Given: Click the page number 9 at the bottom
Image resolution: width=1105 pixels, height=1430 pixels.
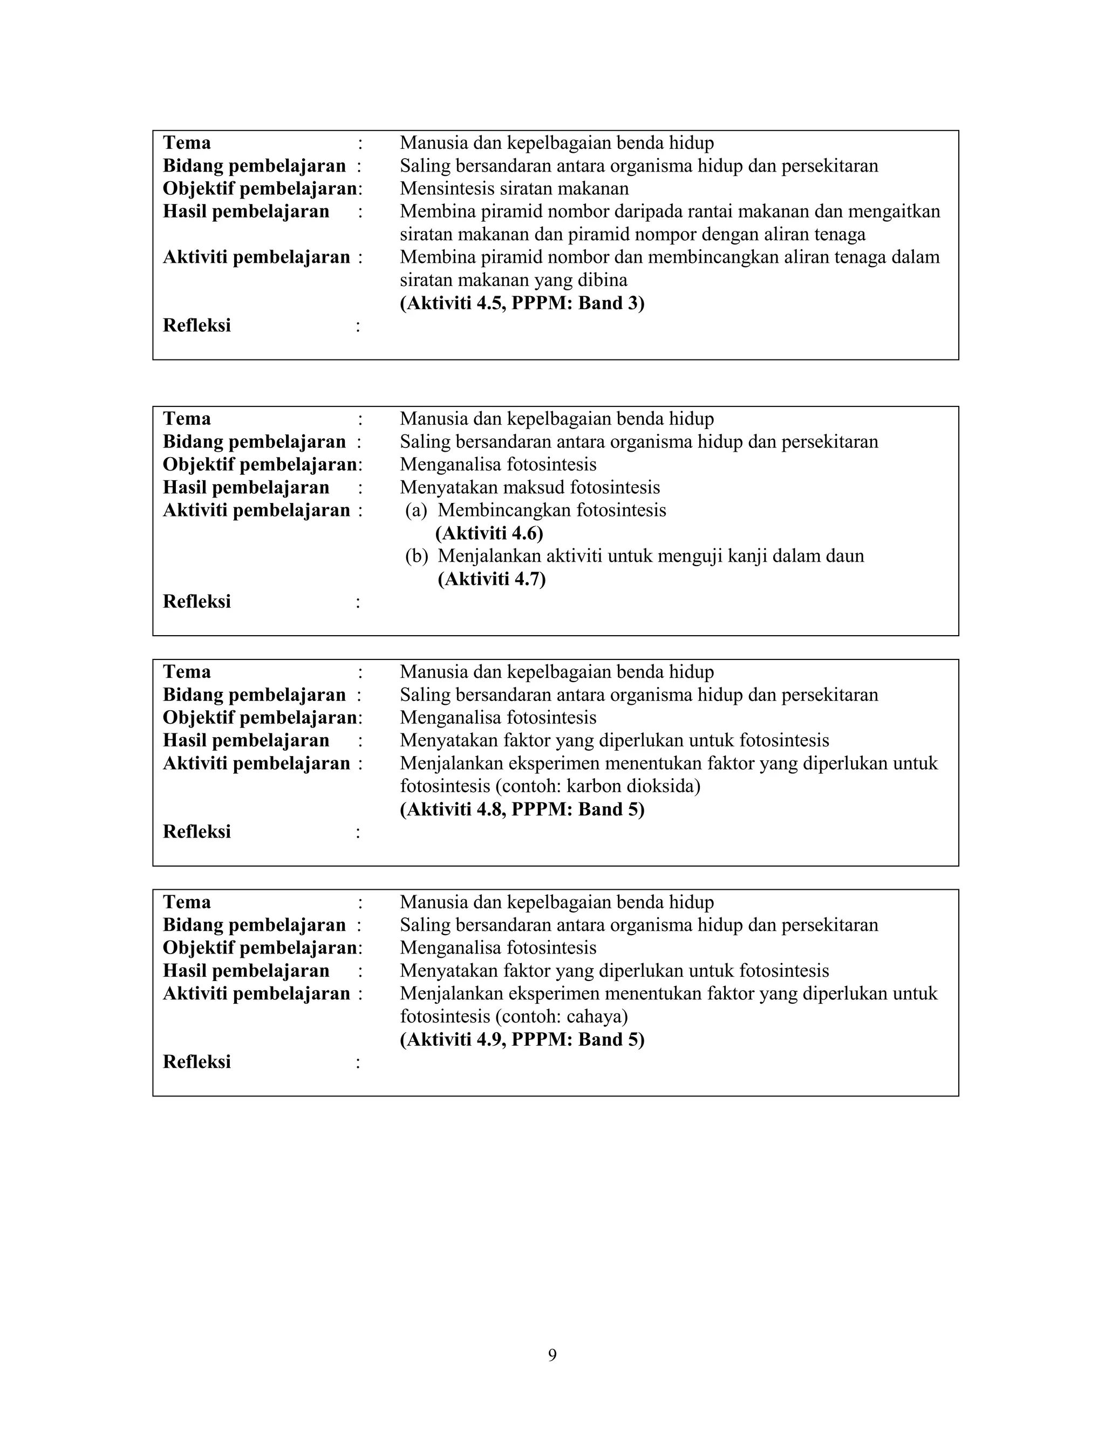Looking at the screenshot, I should [552, 1354].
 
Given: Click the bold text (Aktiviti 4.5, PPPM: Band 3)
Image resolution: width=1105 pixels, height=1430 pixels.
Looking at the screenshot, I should [522, 303].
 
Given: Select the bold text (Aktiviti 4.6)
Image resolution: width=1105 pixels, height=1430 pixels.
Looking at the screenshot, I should [489, 534].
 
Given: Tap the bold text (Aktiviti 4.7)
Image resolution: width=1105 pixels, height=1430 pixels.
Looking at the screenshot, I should [491, 580].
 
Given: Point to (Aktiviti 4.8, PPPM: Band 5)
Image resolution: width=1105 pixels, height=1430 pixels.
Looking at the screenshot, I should [522, 810].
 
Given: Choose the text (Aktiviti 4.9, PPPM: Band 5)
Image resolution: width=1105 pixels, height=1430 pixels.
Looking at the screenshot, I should [522, 1040].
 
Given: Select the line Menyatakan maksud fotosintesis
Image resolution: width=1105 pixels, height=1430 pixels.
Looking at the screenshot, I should [530, 488].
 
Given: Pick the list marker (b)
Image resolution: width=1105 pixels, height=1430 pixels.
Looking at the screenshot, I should [417, 556].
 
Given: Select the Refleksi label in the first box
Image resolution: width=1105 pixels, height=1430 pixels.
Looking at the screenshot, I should [196, 326].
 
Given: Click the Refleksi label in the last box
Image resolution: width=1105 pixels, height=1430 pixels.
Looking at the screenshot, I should [196, 1062].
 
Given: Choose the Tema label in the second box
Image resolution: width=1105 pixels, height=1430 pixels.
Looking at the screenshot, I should [187, 419].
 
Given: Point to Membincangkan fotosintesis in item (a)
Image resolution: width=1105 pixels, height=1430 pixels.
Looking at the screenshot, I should [552, 510].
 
